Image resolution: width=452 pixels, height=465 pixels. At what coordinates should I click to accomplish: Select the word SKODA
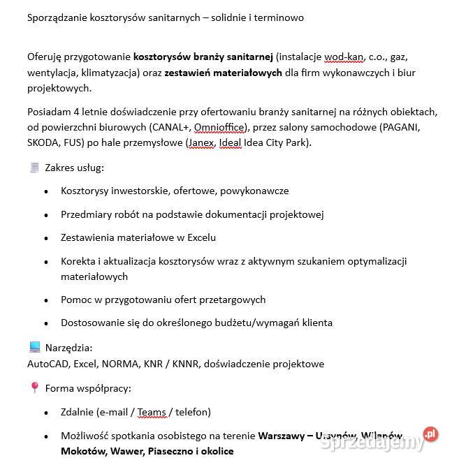pyautogui.click(x=42, y=142)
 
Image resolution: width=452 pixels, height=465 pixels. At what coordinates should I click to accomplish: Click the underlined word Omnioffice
pyautogui.click(x=219, y=127)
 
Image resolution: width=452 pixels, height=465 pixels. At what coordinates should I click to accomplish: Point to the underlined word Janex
pyautogui.click(x=201, y=142)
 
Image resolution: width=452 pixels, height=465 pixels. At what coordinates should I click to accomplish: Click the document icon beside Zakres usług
pyautogui.click(x=34, y=168)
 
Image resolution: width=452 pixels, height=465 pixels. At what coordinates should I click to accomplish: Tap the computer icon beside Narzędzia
pyautogui.click(x=34, y=347)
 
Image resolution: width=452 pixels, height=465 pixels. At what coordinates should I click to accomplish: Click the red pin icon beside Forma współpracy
pyautogui.click(x=34, y=387)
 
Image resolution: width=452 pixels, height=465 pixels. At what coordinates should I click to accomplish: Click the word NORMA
pyautogui.click(x=121, y=363)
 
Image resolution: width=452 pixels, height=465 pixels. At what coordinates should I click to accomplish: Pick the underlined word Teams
pyautogui.click(x=152, y=412)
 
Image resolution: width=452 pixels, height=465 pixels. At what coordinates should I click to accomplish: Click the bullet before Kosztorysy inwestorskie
pyautogui.click(x=46, y=191)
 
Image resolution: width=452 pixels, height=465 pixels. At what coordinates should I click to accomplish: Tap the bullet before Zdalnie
pyautogui.click(x=46, y=413)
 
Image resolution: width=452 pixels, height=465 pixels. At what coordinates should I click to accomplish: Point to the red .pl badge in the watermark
pyautogui.click(x=430, y=435)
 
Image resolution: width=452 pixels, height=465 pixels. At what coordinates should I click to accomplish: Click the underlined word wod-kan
pyautogui.click(x=344, y=56)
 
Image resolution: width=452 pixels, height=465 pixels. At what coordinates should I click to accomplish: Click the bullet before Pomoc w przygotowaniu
pyautogui.click(x=46, y=300)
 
